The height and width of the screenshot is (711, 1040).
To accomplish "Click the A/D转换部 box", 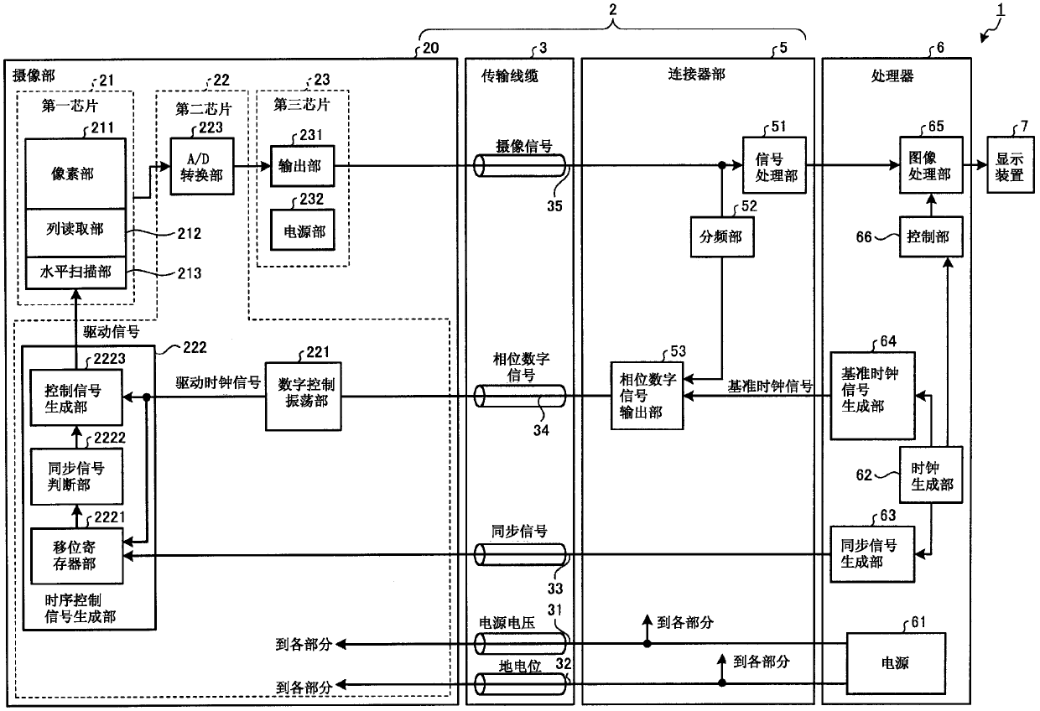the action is point(202,166).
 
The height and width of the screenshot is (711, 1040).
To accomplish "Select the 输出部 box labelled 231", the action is point(302,166).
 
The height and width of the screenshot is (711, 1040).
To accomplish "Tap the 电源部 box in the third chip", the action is point(302,231).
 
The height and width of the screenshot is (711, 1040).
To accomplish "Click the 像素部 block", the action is point(75,174).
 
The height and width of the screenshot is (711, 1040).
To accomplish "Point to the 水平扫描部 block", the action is point(75,272).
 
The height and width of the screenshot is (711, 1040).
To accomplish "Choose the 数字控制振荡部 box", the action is point(304,397).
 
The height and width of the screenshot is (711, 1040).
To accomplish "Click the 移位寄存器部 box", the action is point(76,556).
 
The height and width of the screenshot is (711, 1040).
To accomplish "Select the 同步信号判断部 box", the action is point(76,476).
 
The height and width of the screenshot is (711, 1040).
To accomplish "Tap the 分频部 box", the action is point(722,236).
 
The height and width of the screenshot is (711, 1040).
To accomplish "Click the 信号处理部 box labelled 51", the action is point(774,165).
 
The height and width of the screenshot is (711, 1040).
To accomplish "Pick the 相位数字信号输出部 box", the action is point(647,396).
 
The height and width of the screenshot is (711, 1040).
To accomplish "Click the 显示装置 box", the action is point(1011,165).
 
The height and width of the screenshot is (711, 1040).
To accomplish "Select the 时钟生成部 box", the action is point(931,475).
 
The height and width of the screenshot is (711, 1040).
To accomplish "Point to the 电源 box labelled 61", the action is point(896,663).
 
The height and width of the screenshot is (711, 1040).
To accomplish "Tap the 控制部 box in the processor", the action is point(931,236).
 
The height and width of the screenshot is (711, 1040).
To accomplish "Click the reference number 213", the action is point(190,272).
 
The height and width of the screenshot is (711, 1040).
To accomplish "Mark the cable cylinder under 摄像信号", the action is point(520,166).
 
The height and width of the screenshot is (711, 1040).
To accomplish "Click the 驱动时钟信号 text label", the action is point(218,382).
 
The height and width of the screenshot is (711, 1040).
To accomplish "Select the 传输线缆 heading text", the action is point(510,75).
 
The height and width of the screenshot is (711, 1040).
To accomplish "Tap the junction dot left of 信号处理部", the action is point(722,165).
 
